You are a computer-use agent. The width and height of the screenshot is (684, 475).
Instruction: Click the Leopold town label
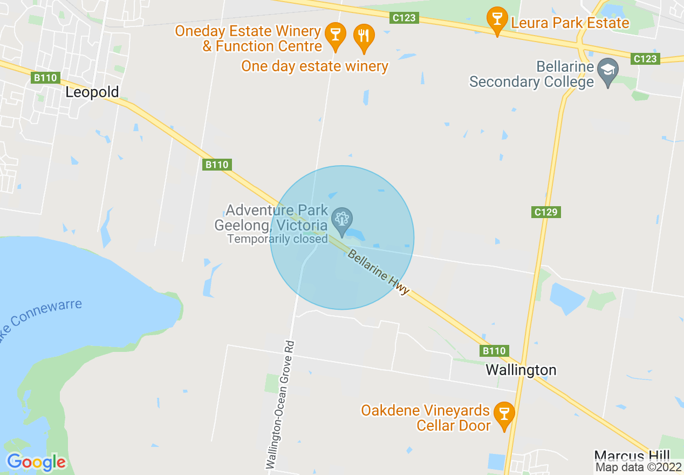92,92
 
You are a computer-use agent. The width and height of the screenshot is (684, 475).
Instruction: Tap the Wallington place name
521,370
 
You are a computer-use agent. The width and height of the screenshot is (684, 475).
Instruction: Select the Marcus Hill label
632,455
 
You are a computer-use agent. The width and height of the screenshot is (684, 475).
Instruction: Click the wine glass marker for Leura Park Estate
497,20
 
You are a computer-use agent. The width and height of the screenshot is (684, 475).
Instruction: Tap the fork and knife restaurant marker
364,37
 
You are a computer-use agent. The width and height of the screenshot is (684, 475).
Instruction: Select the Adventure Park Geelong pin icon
341,219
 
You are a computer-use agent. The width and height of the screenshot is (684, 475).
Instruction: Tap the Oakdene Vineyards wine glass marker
504,414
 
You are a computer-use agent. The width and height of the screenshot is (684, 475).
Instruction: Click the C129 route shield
545,212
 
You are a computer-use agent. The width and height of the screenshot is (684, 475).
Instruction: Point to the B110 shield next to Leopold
45,78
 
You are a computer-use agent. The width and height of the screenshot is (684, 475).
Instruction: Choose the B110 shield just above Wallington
494,351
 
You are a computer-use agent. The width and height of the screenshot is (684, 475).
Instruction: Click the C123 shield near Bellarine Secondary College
645,59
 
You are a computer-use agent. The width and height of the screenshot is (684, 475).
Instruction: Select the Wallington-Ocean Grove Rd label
281,405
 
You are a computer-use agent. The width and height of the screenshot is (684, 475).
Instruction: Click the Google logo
36,462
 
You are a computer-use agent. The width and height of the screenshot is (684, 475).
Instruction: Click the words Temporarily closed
277,239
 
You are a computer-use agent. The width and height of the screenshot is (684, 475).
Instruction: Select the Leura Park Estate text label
570,23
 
